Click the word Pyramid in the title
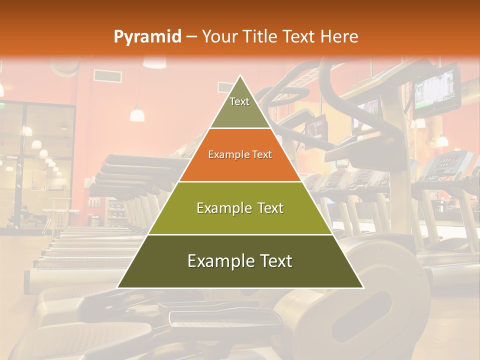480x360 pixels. (147, 37)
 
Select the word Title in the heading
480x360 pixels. (263, 37)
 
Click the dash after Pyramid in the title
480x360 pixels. (191, 37)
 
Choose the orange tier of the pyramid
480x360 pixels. (240, 155)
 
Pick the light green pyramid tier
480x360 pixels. (240, 208)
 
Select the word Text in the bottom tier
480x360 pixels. (272, 261)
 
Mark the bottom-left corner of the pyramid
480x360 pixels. (118, 287)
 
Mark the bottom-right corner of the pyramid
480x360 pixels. (362, 287)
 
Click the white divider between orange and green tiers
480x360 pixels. (240, 181)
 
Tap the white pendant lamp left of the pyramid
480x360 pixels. (137, 114)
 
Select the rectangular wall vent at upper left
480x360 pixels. (107, 75)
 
